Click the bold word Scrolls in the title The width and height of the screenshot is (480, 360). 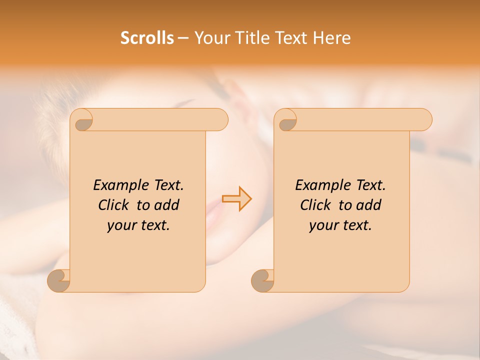coord(147,38)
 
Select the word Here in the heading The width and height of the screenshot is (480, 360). coord(332,38)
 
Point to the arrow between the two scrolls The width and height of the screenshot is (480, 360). coord(237,199)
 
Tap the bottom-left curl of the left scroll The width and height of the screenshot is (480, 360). coord(58,280)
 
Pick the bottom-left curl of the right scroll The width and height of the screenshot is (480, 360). coord(262,280)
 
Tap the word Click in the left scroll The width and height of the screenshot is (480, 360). coord(113,205)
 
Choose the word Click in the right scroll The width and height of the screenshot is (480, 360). coord(315,205)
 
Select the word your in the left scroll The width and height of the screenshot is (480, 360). coord(121,225)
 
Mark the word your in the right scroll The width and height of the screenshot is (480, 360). coord(323,225)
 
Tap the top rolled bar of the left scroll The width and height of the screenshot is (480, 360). coord(160,119)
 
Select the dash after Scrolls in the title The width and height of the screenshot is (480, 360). coord(183,38)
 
